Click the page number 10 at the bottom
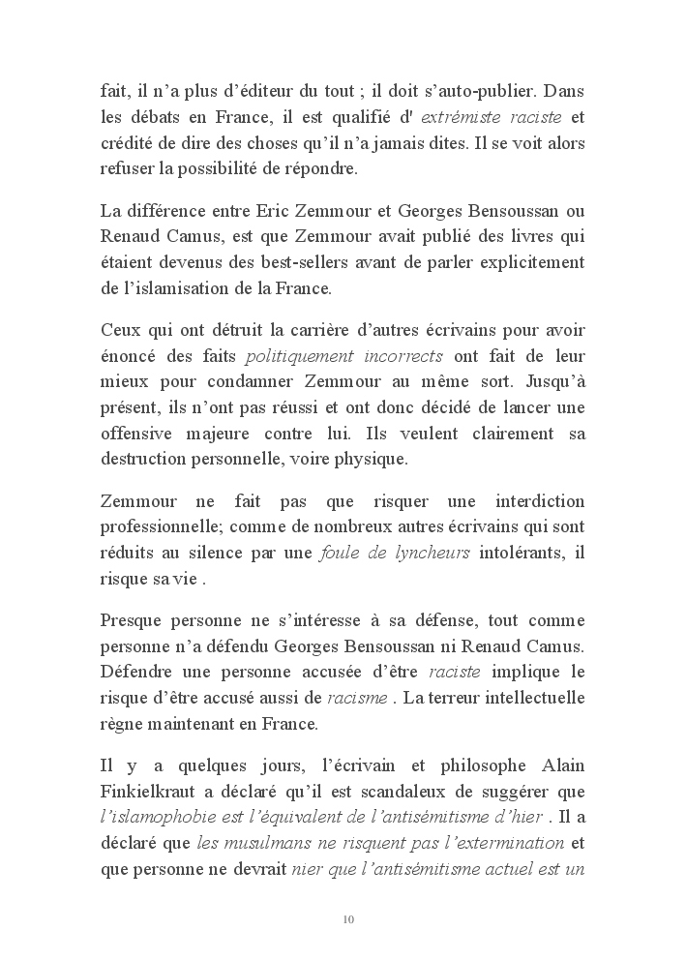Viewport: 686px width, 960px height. pos(349,918)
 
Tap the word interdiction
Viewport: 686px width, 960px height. pos(541,502)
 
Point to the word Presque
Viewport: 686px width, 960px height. pos(133,620)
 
